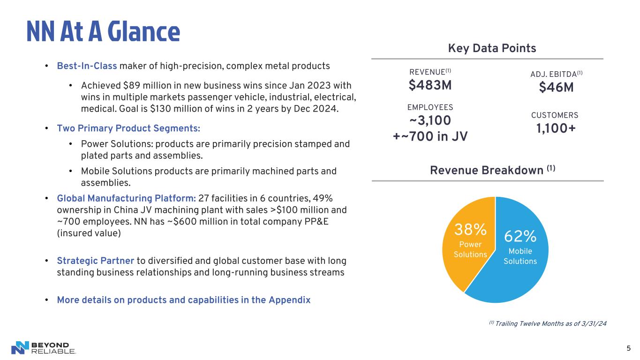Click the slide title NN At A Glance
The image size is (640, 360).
pyautogui.click(x=103, y=31)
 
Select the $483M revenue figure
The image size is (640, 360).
pyautogui.click(x=430, y=86)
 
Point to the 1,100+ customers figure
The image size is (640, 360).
pyautogui.click(x=556, y=128)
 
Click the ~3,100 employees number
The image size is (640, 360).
pyautogui.click(x=430, y=121)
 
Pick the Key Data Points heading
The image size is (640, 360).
pyautogui.click(x=492, y=48)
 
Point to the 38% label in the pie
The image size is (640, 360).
pyautogui.click(x=470, y=230)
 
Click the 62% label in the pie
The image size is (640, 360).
pyautogui.click(x=520, y=236)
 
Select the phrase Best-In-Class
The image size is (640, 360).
pyautogui.click(x=87, y=66)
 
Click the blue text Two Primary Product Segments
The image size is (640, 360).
pyautogui.click(x=128, y=128)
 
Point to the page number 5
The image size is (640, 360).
pyautogui.click(x=628, y=348)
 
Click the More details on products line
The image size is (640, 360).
pyautogui.click(x=184, y=300)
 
